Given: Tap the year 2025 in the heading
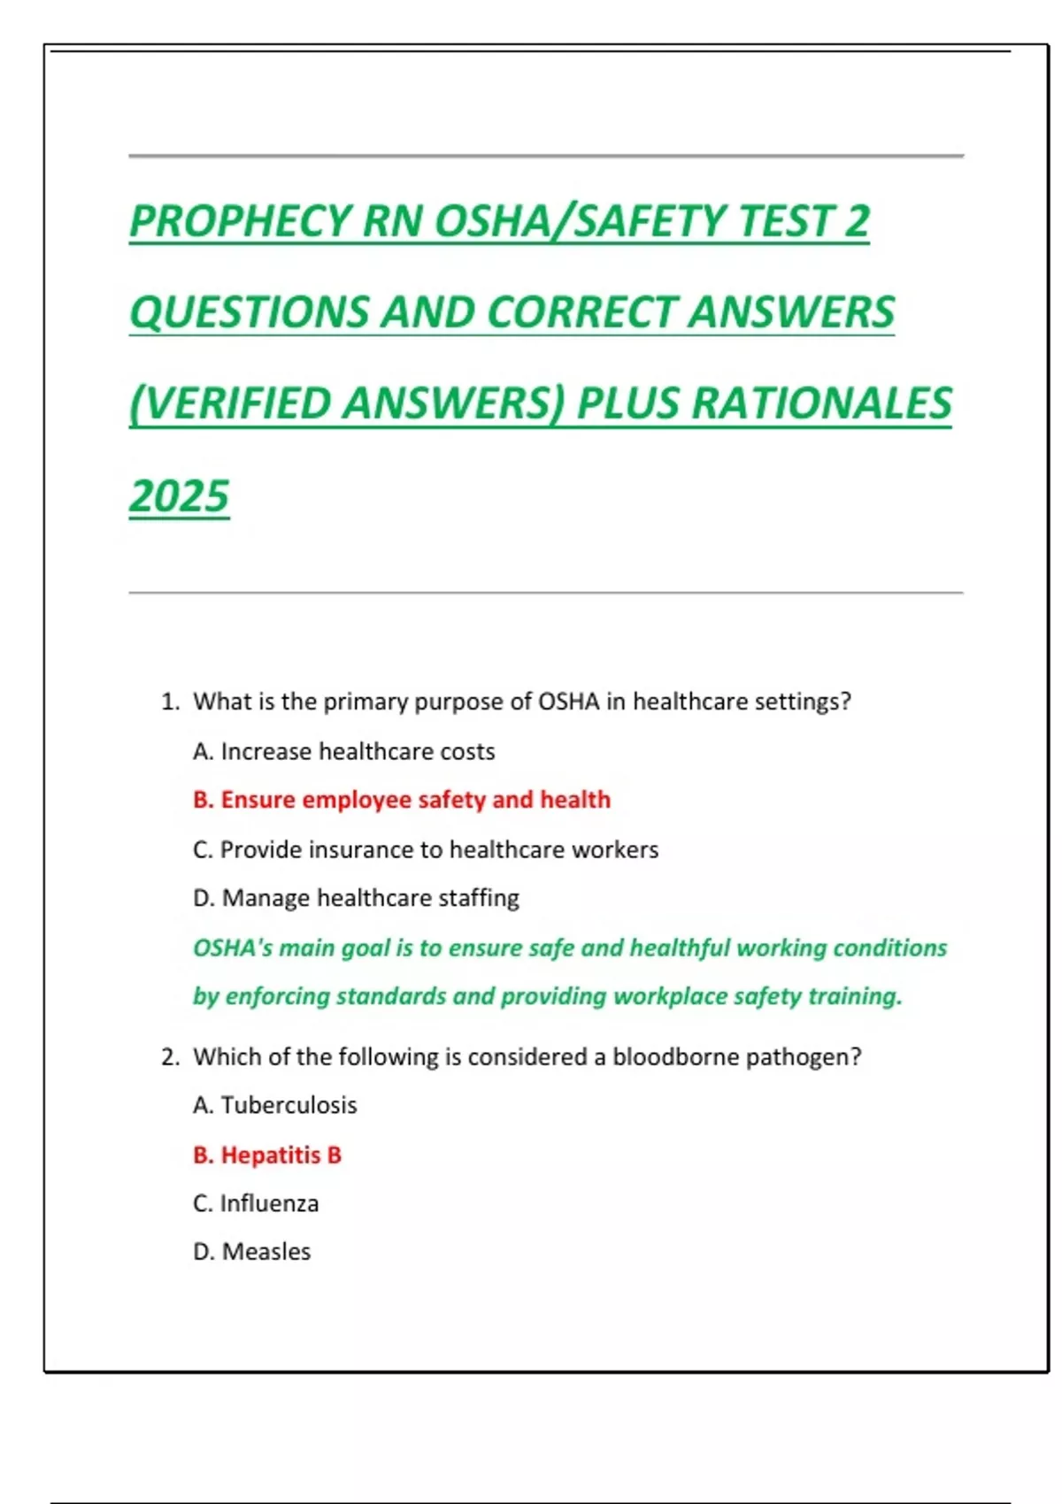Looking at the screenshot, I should [x=180, y=495].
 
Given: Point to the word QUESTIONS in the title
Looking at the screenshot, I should [x=248, y=312].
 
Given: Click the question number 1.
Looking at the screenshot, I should [x=169, y=702].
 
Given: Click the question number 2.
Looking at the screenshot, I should [x=170, y=1057].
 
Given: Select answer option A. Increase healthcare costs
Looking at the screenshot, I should [x=343, y=752].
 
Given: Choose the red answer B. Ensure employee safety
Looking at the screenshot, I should [x=402, y=800].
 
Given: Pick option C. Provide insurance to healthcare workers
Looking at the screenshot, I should [x=426, y=849].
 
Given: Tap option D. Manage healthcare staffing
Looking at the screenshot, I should [x=356, y=898].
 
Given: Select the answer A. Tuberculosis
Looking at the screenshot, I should [x=275, y=1105].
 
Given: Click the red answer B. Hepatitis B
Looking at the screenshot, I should [x=267, y=1155].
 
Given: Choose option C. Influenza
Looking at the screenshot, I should [x=256, y=1203].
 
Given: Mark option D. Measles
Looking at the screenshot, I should [x=252, y=1252].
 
